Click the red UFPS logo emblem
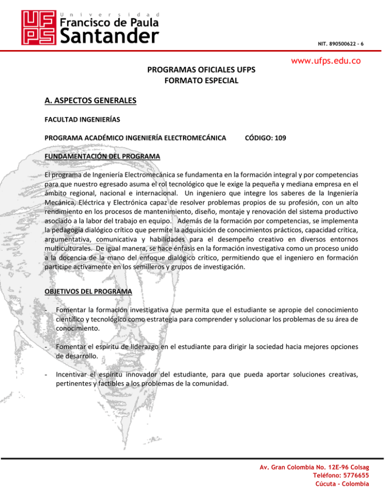pyautogui.click(x=37, y=28)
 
